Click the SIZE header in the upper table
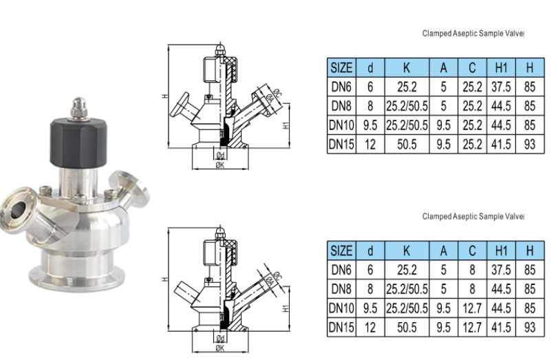coord(341,68)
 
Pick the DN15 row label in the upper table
coord(341,145)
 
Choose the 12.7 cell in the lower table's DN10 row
coord(472,306)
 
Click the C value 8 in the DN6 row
coord(472,270)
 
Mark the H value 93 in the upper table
coord(529,145)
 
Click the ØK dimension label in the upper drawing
coord(219,165)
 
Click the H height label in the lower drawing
coord(165,279)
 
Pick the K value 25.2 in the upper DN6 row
coord(407,87)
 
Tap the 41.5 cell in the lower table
coord(501,326)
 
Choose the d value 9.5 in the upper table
coord(370,126)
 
